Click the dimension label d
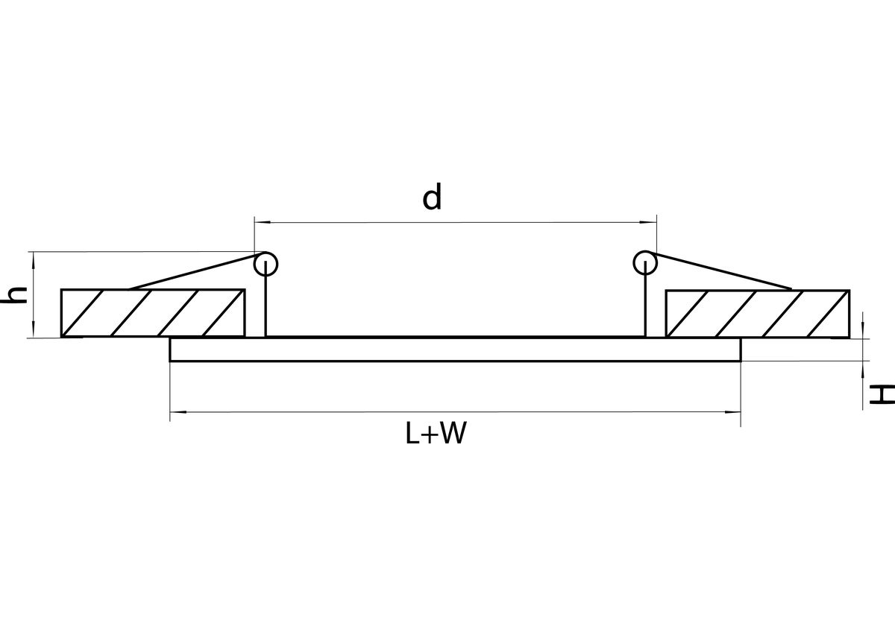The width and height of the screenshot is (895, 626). point(432,197)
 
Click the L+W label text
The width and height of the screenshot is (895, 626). point(436,433)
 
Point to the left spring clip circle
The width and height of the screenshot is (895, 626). point(266,252)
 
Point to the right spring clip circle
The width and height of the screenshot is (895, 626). point(645,251)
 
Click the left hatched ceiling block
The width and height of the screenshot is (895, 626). point(153,313)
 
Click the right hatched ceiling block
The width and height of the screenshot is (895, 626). point(758,314)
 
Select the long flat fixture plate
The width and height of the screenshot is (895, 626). point(455,350)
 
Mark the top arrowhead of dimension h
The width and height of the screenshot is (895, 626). point(33,260)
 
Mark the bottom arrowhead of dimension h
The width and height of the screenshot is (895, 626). point(33,329)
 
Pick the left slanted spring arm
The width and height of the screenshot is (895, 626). point(198,271)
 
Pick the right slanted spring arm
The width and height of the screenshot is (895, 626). point(718,270)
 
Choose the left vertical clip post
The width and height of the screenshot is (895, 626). point(266,299)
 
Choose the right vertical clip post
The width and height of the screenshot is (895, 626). point(645,299)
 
